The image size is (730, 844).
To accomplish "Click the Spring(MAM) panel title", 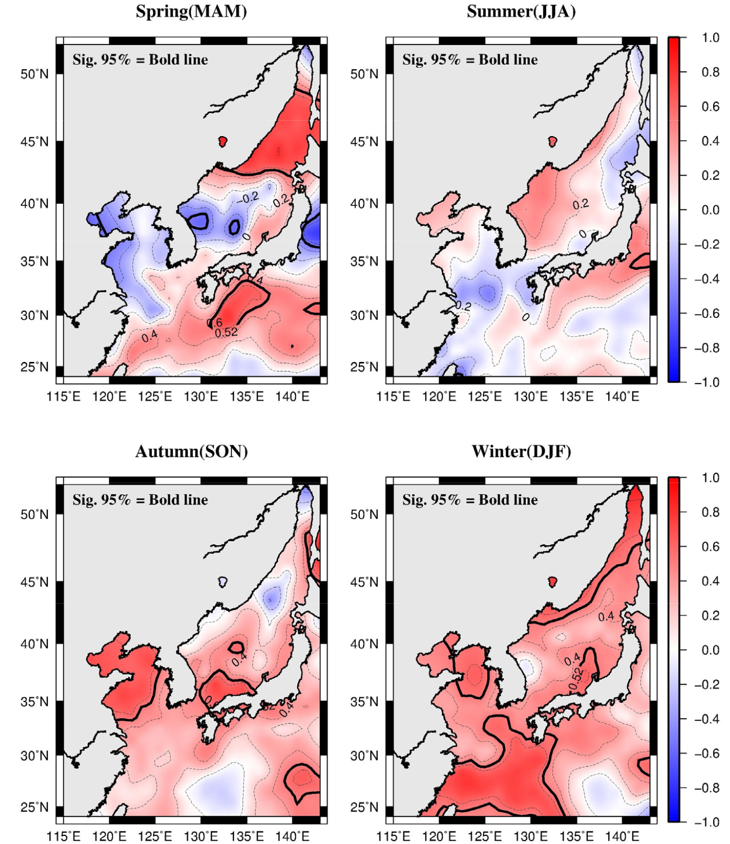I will pos(191,11).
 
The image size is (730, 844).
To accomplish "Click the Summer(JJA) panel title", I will pos(521,11).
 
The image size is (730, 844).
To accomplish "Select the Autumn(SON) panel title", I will pos(191,451).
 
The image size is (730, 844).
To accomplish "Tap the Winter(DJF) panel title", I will pos(521,451).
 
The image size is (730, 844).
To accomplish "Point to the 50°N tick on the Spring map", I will pos(35,74).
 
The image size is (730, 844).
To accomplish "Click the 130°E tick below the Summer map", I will pos(531,397).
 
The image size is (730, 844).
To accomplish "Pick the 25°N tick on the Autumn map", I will pos(35,807).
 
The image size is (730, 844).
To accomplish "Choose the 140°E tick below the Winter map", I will pos(622,836).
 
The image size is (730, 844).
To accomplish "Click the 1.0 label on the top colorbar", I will pos(710,38).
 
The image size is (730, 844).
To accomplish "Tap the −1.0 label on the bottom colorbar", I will pos(707,822).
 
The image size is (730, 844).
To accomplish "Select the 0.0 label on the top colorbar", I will pos(710,210).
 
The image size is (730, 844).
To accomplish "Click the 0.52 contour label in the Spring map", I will pos(226,333).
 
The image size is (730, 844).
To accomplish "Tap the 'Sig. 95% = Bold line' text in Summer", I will pos(470,60).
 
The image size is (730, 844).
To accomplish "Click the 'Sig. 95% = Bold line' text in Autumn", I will pos(140,500).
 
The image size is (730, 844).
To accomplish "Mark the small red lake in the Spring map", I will pos(222,141).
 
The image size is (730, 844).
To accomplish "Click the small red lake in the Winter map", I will pos(552,581).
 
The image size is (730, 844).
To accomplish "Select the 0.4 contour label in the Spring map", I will pos(149,337).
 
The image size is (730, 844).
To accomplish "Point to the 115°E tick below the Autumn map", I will pos(64,836).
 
